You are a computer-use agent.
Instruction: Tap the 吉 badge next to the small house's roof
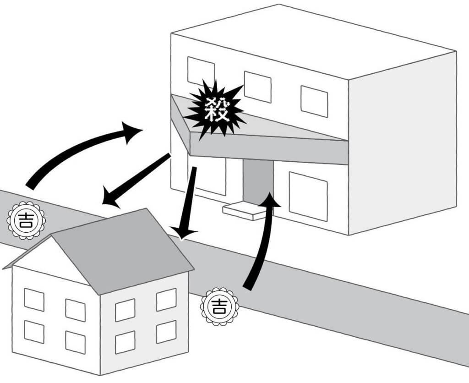click(x=26, y=220)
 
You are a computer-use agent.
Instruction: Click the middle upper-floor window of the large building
click(x=257, y=87)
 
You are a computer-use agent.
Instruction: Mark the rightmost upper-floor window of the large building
click(x=314, y=101)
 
